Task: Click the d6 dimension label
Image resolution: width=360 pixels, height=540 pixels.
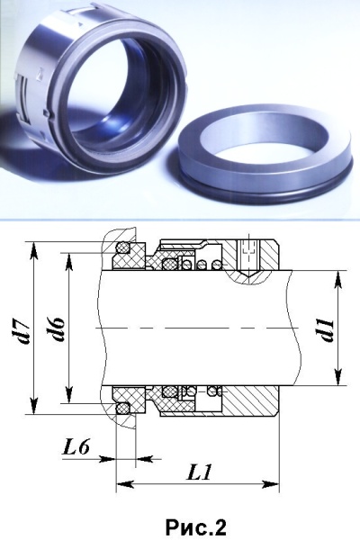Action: point(58,329)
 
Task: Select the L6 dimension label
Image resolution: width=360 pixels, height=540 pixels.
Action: point(76,447)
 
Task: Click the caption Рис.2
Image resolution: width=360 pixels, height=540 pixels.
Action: point(195,526)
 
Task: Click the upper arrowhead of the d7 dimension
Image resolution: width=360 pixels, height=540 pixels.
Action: point(34,251)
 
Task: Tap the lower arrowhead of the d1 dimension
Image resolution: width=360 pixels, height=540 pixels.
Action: point(338,375)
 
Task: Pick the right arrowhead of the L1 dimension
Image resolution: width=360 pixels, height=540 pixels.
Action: point(269,484)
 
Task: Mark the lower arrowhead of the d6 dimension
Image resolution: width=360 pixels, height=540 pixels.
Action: point(69,393)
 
